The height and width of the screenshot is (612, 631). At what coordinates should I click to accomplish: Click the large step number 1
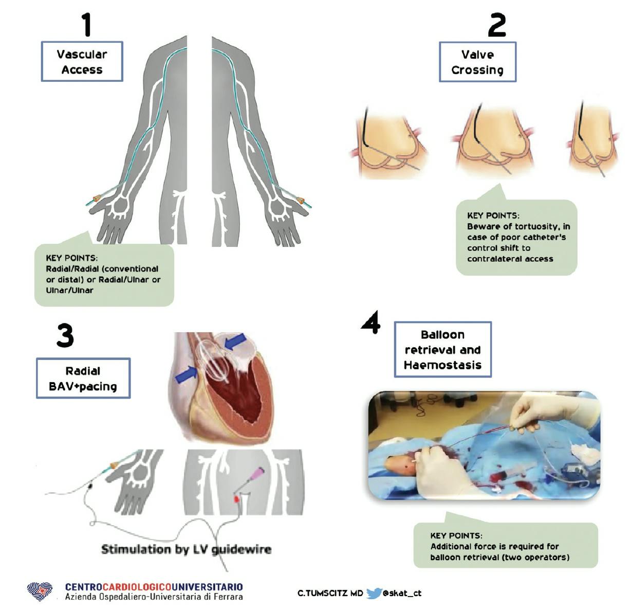86,25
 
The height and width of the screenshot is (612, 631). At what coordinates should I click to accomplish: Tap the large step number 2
496,25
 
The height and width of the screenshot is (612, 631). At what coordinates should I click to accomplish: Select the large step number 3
65,336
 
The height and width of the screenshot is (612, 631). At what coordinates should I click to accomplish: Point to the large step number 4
371,322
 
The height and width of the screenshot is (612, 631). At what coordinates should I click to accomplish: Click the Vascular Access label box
82,62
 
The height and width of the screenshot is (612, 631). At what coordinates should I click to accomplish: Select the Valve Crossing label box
477,62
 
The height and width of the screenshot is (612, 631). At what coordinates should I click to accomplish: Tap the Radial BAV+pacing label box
83,379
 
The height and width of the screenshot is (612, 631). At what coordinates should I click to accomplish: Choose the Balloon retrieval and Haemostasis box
442,350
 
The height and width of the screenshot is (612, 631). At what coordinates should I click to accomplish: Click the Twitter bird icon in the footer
374,593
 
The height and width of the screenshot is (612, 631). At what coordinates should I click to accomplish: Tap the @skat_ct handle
402,593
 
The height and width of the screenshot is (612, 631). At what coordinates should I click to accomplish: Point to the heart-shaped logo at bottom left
40,591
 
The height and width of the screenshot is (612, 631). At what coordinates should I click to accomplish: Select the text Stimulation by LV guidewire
186,549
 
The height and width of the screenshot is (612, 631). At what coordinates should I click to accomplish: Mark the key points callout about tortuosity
516,238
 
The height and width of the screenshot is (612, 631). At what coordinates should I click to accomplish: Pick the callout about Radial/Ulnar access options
104,275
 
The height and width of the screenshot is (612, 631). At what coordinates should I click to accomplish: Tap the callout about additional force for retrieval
505,546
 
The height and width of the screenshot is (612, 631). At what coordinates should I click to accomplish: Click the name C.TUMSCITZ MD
330,593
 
